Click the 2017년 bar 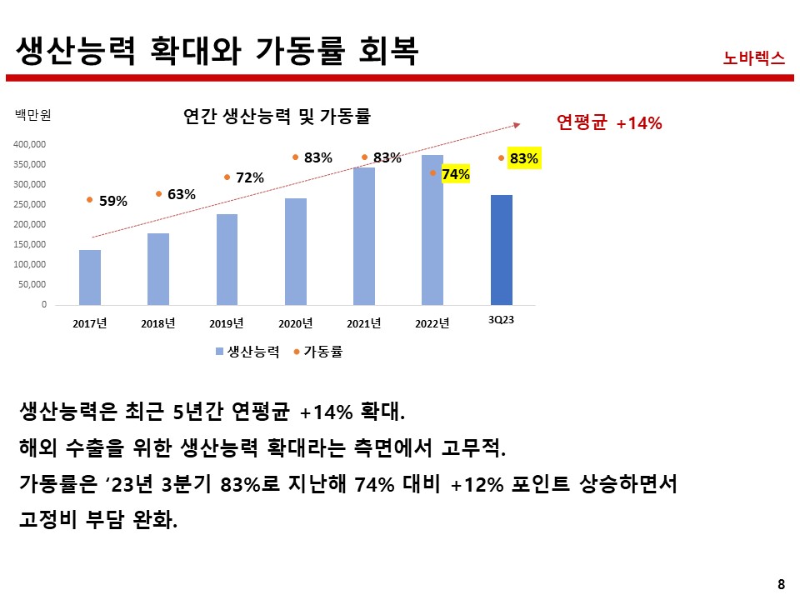pos(90,277)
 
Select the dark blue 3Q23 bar pos(502,250)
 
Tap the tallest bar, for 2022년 pos(432,230)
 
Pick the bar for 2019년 pos(227,259)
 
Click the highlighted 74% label pos(455,174)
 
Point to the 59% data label pos(112,201)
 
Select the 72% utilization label pos(249,177)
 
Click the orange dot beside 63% pos(158,194)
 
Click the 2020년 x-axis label pos(295,323)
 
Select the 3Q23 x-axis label pos(501,321)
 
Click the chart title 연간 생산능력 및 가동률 pos(277,117)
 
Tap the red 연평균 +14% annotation pos(608,123)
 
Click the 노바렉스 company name pos(754,57)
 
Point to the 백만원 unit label pos(33,116)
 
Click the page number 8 pos(781,583)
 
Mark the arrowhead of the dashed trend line pos(517,125)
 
